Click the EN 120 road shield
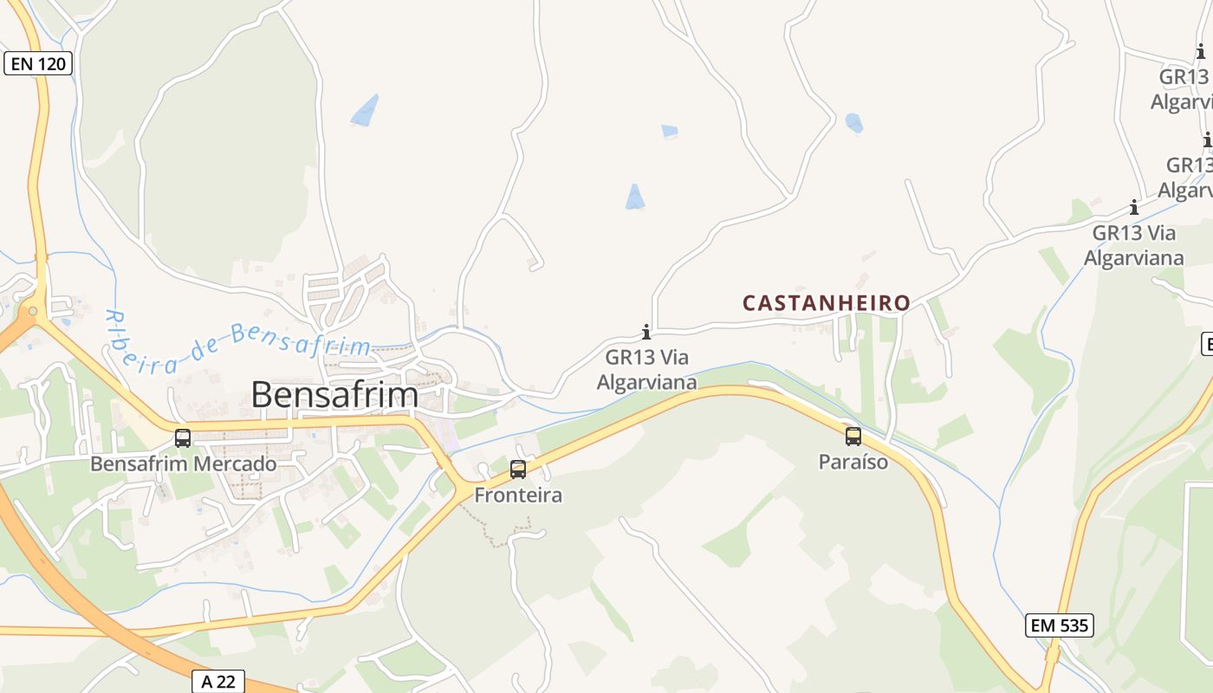38,63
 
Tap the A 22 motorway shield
217,682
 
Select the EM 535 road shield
1059,625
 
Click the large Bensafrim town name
334,395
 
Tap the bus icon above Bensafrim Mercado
183,438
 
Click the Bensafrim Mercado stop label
184,464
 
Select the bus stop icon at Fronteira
518,470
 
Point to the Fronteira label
518,495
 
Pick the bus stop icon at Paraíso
853,437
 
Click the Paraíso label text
853,463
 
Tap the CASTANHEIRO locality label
827,303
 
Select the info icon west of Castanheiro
645,332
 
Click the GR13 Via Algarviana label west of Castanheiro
646,369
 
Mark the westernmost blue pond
366,111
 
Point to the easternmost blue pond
854,123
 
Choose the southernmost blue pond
635,198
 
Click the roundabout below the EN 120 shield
33,310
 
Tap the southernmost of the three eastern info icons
1133,207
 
